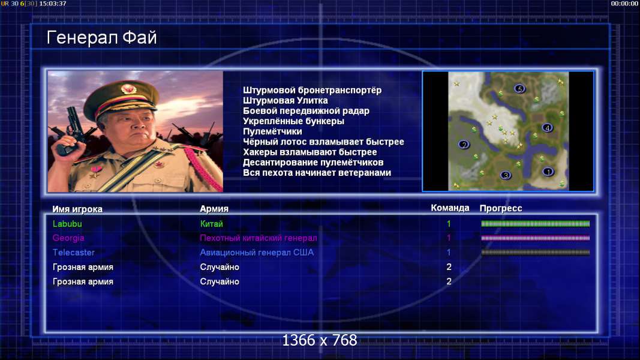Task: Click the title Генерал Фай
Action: coord(101,38)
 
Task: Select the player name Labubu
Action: coord(67,224)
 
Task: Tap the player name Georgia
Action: coord(68,238)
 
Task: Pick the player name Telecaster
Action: coord(73,253)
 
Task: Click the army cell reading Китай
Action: coord(211,224)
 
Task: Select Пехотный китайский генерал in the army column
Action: coord(259,238)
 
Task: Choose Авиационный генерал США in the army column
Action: coord(257,253)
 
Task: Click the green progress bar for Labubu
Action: coord(536,224)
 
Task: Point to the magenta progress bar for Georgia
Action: coord(536,238)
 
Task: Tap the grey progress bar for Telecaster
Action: coord(536,253)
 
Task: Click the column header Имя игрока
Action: coord(77,209)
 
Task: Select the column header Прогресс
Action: coord(501,208)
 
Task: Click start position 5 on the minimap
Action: coord(519,89)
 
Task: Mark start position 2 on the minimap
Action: coord(463,145)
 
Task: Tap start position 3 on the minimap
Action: coord(505,176)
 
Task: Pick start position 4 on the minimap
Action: coord(547,128)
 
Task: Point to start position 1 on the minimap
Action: coord(548,172)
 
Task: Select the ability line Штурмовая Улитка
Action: coord(286,100)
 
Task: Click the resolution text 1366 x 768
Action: coord(320,340)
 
